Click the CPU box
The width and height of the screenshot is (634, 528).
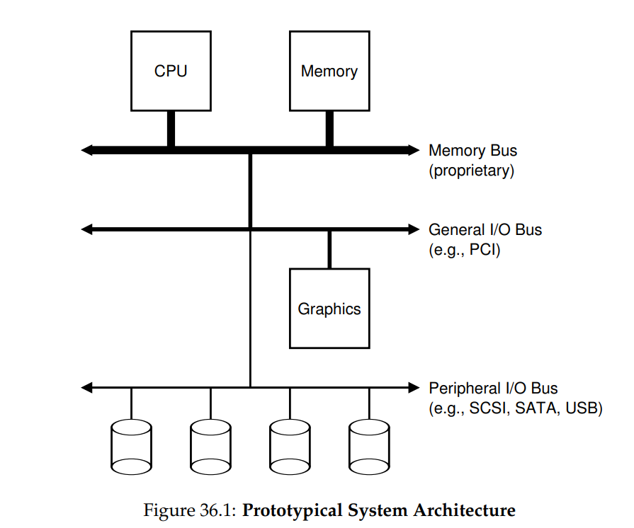(x=171, y=71)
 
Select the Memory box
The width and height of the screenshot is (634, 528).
(x=329, y=71)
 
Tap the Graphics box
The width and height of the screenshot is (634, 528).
(x=329, y=308)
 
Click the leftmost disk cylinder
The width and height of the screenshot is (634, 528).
(x=132, y=447)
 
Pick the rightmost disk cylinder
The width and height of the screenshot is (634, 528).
(x=369, y=447)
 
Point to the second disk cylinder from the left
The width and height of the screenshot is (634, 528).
(x=210, y=447)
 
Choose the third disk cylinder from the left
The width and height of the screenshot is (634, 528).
(x=290, y=447)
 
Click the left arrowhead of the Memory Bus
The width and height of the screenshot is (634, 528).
(x=86, y=150)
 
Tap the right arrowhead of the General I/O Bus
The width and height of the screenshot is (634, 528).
(x=414, y=229)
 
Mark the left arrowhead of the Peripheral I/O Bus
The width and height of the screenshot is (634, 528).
(x=86, y=388)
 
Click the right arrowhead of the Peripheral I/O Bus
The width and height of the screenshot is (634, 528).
(x=414, y=388)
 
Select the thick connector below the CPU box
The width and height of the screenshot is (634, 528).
(x=171, y=129)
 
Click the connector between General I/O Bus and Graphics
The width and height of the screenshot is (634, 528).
(x=329, y=250)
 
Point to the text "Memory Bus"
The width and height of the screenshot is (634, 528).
(x=472, y=150)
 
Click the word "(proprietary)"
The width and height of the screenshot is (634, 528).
(x=472, y=171)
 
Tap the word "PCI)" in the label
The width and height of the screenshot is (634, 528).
(x=485, y=250)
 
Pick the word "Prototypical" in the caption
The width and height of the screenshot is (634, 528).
(x=293, y=510)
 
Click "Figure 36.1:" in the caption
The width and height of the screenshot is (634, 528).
(x=190, y=510)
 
